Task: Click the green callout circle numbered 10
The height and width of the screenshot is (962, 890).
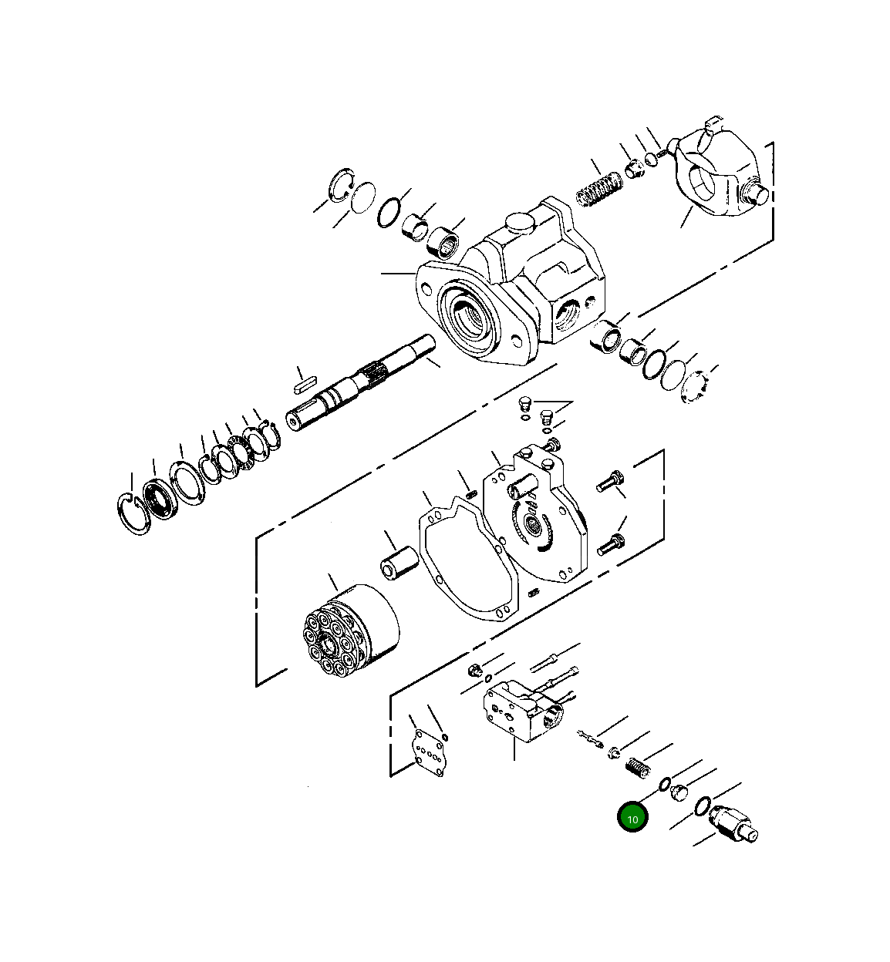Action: click(x=632, y=819)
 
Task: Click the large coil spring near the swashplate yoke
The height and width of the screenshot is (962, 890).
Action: click(x=599, y=190)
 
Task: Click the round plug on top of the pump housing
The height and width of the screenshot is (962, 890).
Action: click(x=518, y=223)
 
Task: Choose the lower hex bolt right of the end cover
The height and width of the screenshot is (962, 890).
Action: click(x=609, y=545)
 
